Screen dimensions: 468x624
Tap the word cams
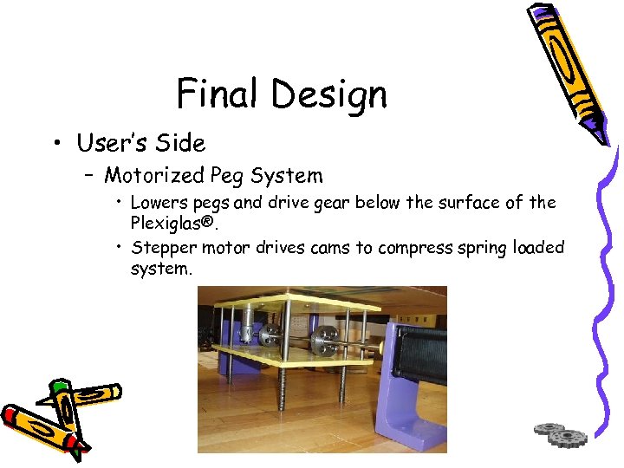point(330,248)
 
